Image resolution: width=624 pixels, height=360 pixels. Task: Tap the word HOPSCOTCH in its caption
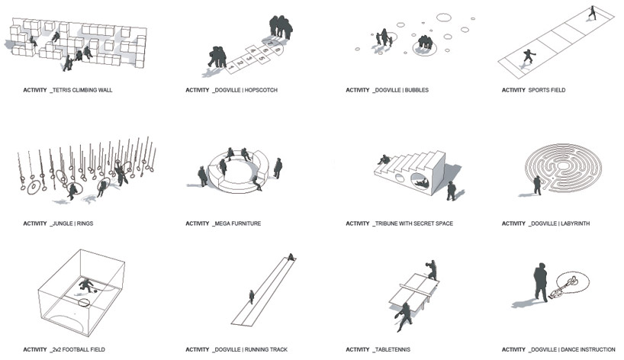click(x=261, y=90)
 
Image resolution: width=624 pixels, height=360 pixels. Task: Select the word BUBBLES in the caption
click(x=417, y=90)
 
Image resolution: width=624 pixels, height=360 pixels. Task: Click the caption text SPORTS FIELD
click(x=547, y=90)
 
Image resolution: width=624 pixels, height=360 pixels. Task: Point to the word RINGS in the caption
click(x=85, y=223)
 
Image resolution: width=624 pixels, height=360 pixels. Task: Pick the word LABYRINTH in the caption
click(x=575, y=223)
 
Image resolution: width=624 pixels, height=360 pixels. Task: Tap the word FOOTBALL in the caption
click(x=75, y=349)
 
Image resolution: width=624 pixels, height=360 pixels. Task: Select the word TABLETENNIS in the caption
click(x=392, y=349)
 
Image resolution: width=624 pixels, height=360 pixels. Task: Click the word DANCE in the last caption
click(x=571, y=349)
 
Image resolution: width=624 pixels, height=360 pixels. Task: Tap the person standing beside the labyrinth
click(x=537, y=185)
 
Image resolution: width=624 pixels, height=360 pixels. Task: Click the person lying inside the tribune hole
click(x=422, y=183)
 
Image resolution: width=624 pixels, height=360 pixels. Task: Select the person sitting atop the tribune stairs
click(x=384, y=160)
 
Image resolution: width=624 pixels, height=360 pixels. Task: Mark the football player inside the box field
click(x=86, y=285)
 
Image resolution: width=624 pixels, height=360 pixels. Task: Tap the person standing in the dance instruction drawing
click(x=540, y=282)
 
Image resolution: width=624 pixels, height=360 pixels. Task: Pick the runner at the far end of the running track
click(x=291, y=257)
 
